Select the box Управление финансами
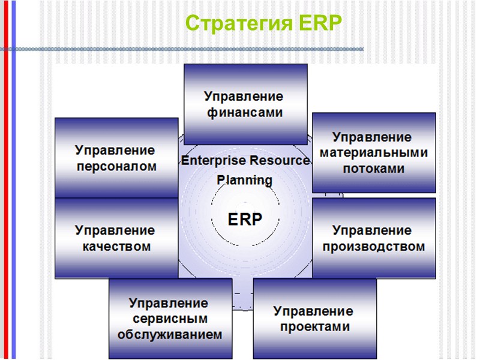[x=245, y=104]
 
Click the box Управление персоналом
[x=116, y=158]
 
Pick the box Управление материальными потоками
[x=374, y=153]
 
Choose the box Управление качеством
[x=116, y=238]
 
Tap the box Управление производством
[x=374, y=238]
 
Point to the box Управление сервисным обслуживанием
[x=170, y=319]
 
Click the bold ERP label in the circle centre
[x=245, y=220]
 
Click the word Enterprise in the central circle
[x=213, y=161]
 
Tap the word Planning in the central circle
[x=244, y=179]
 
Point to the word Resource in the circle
[x=280, y=161]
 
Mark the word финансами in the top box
[x=244, y=113]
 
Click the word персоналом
[x=116, y=166]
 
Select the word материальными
[x=374, y=153]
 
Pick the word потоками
[x=374, y=169]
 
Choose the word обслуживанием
[x=170, y=334]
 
